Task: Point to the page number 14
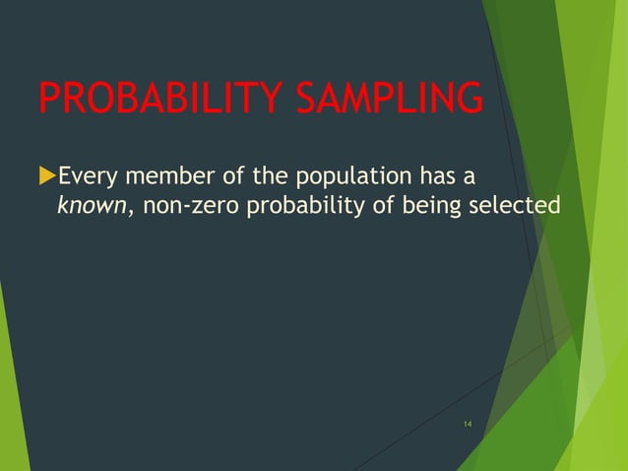click(467, 424)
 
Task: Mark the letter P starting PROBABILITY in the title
click(48, 99)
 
